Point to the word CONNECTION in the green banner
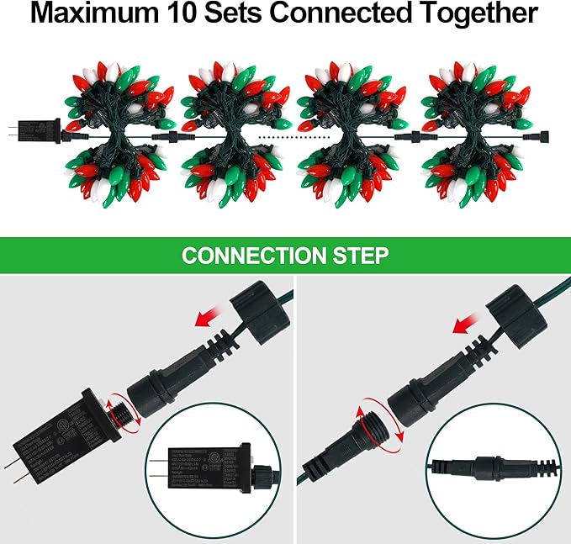(x=253, y=256)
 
